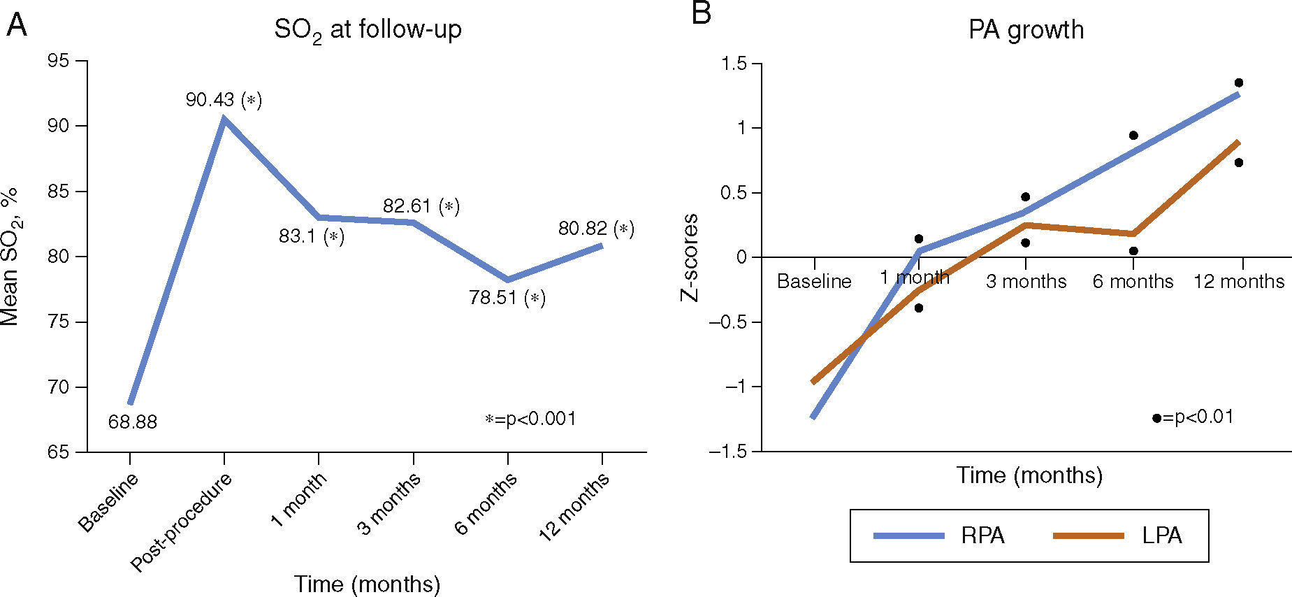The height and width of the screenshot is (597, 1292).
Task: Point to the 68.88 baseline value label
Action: (132, 422)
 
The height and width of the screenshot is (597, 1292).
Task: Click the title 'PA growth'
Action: (1026, 30)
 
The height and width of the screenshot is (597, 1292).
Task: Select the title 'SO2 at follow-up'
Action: (368, 31)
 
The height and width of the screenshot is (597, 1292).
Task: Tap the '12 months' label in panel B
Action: (1239, 281)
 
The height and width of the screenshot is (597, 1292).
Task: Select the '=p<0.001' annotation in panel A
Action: (531, 419)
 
